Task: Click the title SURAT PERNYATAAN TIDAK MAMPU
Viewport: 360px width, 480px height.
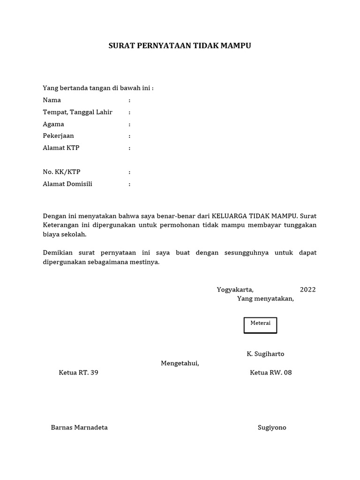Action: tap(180, 46)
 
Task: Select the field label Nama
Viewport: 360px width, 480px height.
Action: tap(52, 100)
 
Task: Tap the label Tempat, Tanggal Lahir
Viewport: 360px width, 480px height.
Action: tap(77, 112)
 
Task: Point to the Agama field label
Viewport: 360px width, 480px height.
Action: tap(53, 124)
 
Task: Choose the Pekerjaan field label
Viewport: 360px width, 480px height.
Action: tap(58, 136)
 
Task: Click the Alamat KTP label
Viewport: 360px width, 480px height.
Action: tap(61, 148)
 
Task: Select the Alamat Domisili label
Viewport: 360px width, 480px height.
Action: tap(67, 184)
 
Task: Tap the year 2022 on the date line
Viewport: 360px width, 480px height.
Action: tap(308, 290)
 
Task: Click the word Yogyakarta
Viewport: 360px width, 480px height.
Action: tap(235, 290)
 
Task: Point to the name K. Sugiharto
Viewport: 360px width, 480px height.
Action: tap(265, 353)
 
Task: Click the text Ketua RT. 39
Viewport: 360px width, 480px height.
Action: tap(78, 373)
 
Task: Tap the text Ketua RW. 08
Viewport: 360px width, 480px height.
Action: tap(271, 373)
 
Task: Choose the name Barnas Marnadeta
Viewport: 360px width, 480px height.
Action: tap(79, 427)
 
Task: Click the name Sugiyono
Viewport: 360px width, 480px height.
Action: tap(272, 427)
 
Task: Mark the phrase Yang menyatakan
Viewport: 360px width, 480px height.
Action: tap(265, 299)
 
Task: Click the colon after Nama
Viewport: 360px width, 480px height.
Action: tap(129, 100)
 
